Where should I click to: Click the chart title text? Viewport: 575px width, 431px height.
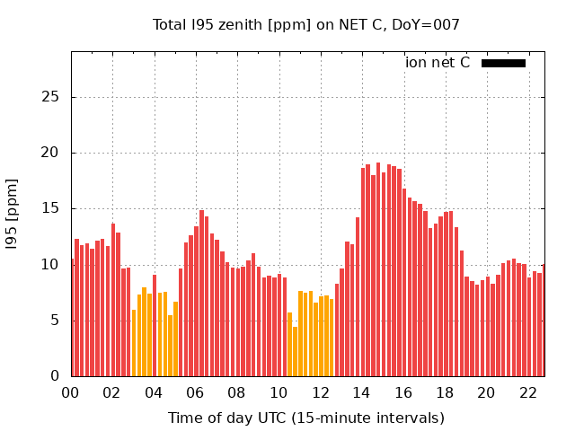305,25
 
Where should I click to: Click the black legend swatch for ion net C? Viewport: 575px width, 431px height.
503,63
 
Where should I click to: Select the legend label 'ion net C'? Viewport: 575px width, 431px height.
438,63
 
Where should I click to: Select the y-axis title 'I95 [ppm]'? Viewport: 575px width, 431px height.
13,214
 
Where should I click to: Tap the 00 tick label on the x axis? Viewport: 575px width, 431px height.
71,393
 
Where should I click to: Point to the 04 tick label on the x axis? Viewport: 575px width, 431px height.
154,393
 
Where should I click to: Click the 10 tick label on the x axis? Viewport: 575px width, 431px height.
279,393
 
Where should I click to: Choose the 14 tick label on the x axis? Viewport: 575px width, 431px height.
361,393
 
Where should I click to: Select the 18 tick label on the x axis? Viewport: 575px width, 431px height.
445,393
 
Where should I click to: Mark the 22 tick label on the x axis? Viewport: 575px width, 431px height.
527,393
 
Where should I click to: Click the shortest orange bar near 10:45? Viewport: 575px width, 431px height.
295,352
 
